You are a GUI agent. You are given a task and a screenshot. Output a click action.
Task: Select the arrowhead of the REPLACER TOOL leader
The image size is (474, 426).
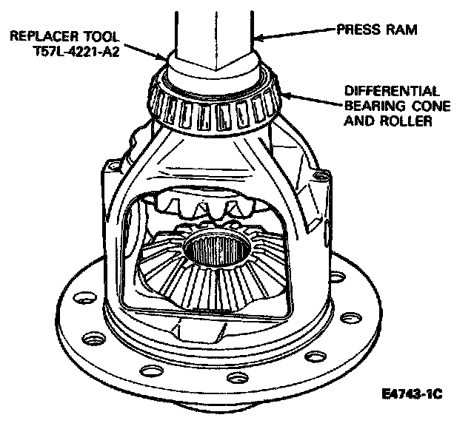pyautogui.click(x=166, y=57)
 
